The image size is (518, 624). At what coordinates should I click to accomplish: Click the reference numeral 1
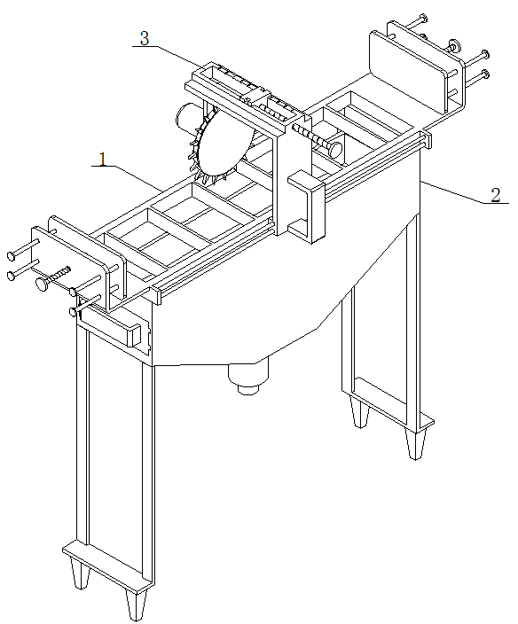click(103, 159)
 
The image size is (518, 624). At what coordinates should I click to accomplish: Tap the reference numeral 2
click(495, 195)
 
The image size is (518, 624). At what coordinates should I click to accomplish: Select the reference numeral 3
click(145, 38)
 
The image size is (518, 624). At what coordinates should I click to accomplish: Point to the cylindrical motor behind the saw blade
click(188, 116)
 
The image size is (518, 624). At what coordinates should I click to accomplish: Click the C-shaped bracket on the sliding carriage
click(307, 207)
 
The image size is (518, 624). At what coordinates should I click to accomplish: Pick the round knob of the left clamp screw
click(42, 284)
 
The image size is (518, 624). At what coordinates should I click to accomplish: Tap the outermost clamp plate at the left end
click(70, 268)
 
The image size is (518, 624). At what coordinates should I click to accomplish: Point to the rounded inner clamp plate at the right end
click(409, 71)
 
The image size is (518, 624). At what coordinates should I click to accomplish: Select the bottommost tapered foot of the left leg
click(135, 604)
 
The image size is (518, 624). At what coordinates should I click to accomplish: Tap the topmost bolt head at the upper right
click(424, 18)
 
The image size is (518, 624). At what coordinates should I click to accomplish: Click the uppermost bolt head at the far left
click(12, 255)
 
